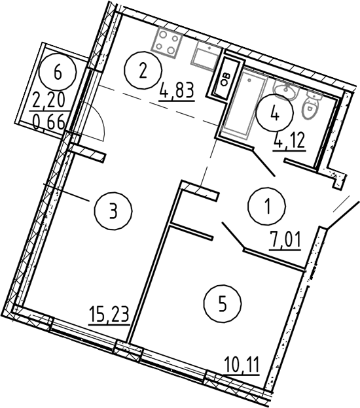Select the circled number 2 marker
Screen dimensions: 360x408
143,71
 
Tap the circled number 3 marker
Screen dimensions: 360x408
113,211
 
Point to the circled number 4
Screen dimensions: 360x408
275,113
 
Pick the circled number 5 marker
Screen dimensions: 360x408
223,303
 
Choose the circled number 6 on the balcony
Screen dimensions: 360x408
58,71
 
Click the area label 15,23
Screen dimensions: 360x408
109,314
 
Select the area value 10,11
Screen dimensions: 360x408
242,365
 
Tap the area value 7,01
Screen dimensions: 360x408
285,241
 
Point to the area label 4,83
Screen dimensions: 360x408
177,90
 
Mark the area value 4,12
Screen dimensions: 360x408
289,141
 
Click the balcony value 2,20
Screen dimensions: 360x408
48,101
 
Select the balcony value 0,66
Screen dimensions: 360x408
49,122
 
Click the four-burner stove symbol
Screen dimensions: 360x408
167,42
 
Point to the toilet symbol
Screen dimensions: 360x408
312,105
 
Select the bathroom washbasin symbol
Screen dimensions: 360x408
286,89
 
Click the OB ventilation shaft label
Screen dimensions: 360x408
226,78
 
